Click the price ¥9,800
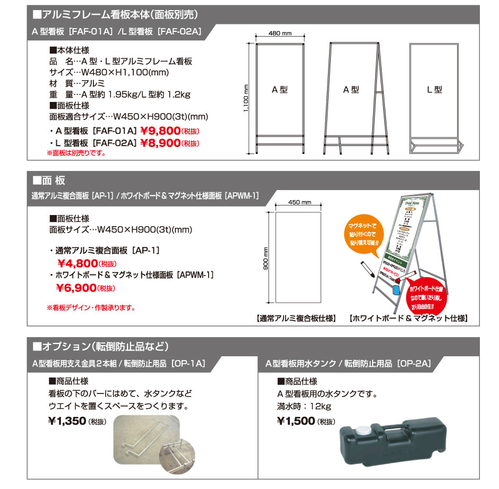pyautogui.click(x=160, y=131)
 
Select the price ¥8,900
pyautogui.click(x=160, y=143)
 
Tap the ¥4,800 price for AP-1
pyautogui.click(x=77, y=263)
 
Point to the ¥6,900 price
pyautogui.click(x=76, y=288)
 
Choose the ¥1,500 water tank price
pyautogui.click(x=296, y=421)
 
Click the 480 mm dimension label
pyautogui.click(x=280, y=33)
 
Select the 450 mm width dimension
pyautogui.click(x=298, y=202)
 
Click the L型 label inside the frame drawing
pyautogui.click(x=434, y=90)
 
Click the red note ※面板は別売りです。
pyautogui.click(x=76, y=153)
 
